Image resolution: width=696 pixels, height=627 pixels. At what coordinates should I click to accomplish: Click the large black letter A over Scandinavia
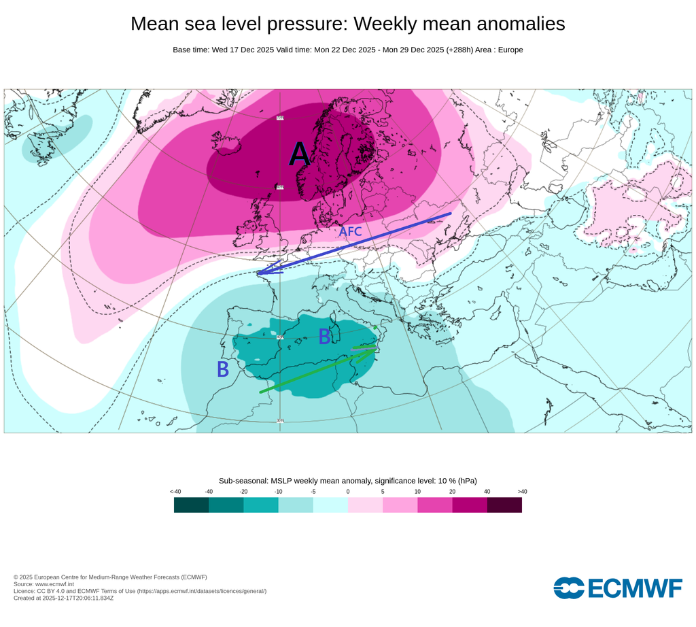[299, 155]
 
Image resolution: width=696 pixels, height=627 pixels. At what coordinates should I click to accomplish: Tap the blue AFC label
[350, 232]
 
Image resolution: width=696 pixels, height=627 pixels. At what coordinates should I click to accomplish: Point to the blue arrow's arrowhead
[260, 273]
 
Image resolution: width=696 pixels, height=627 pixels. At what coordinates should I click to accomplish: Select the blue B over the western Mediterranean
[325, 336]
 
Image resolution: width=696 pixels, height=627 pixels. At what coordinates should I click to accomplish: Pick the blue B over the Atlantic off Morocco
[222, 369]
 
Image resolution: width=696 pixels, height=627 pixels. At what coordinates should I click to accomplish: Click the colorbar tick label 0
[347, 491]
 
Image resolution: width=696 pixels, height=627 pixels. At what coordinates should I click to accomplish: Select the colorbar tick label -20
[243, 491]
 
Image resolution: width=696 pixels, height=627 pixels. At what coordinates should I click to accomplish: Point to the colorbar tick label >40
[522, 491]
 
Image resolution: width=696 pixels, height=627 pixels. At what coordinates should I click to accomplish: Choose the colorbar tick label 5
[383, 491]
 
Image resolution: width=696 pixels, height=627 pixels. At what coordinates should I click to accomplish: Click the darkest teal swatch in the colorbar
[191, 505]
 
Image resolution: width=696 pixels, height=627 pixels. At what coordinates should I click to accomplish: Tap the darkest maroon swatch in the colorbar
[504, 505]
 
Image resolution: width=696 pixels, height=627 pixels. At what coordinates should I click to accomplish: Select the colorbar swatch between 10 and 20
[434, 505]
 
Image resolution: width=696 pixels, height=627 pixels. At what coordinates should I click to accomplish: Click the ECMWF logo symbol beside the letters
[569, 588]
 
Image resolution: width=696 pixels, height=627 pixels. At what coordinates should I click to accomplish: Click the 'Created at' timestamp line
[63, 598]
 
